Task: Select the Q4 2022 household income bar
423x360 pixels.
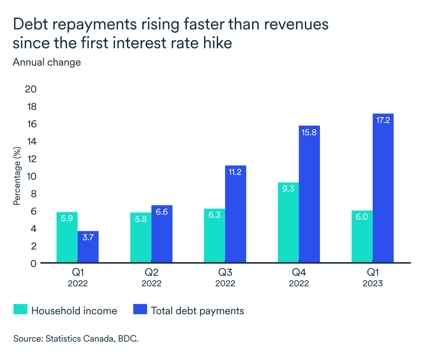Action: click(288, 223)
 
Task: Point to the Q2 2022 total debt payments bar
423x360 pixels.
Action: click(162, 234)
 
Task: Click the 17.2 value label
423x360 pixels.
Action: click(383, 120)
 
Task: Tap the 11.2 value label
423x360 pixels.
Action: click(235, 172)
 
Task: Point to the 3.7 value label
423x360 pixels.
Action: click(88, 238)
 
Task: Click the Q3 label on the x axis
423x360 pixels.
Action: click(225, 273)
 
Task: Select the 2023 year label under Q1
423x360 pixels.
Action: click(373, 284)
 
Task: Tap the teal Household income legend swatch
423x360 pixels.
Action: click(20, 310)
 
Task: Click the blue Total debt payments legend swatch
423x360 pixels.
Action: click(139, 310)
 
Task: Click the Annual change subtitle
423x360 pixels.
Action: click(47, 62)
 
